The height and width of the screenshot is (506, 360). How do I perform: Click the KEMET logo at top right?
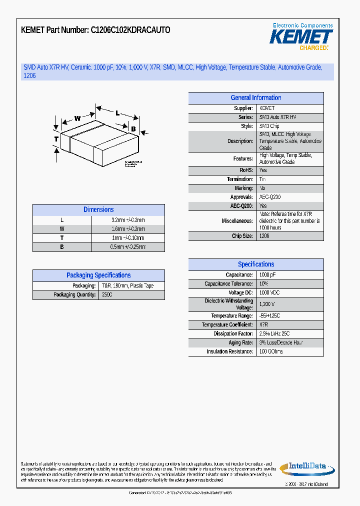click(301, 37)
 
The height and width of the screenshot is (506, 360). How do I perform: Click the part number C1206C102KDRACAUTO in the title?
click(130, 30)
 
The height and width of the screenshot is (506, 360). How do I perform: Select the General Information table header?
click(255, 98)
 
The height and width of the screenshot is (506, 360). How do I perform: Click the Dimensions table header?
click(98, 210)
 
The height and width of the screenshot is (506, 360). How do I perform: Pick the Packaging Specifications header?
click(98, 275)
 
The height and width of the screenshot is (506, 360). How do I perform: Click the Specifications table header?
click(255, 264)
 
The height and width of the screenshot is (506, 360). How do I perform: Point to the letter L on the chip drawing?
click(117, 113)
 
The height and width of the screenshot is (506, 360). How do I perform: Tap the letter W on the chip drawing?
click(77, 118)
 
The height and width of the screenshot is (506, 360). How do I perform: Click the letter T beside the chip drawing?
click(56, 139)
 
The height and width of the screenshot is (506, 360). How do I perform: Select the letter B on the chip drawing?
click(133, 129)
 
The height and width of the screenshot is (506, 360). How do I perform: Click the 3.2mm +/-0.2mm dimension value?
click(128, 220)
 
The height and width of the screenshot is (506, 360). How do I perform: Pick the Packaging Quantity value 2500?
click(107, 295)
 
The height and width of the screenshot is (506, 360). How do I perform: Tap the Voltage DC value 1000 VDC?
click(270, 293)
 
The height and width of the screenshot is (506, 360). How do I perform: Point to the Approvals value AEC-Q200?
click(270, 197)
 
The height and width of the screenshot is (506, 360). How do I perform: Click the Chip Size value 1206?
click(264, 236)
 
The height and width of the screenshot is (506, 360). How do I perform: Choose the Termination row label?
click(240, 179)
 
